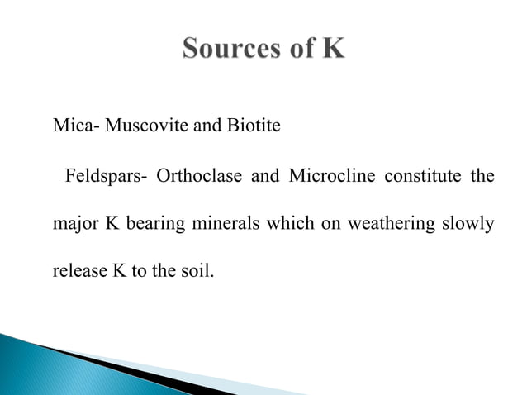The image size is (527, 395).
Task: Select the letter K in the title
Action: pyautogui.click(x=332, y=50)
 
